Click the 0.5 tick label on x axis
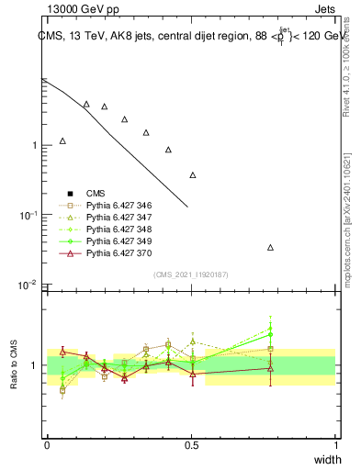tap(191, 444)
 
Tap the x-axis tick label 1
tap(336, 444)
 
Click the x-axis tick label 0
tap(47, 444)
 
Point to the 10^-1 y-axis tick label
tap(28, 216)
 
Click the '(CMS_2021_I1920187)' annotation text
tap(190, 274)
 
